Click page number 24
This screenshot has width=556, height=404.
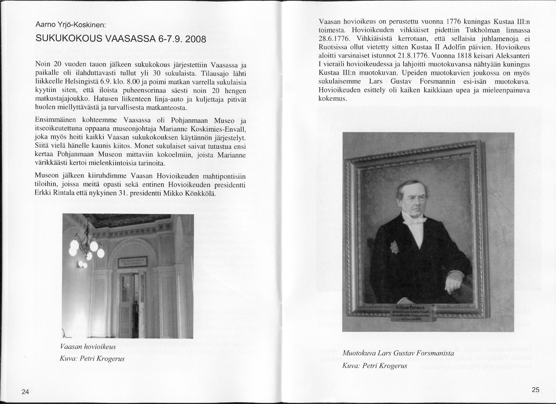pos(25,392)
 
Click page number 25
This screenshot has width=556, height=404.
pos(535,390)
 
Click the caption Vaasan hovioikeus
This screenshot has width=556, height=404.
pos(88,346)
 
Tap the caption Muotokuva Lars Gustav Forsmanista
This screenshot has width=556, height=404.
pos(398,353)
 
